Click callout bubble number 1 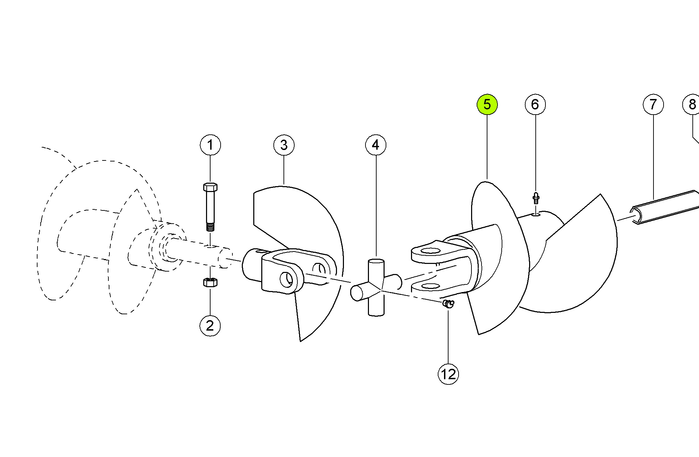click(210, 145)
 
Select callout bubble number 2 click(210, 326)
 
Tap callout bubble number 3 click(284, 145)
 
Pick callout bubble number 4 click(376, 145)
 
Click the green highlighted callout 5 click(487, 104)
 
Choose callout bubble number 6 click(535, 104)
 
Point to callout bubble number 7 click(653, 104)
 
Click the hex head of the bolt click(210, 187)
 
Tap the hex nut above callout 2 click(210, 282)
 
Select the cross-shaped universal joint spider click(376, 288)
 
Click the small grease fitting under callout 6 click(536, 199)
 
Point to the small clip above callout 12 click(448, 304)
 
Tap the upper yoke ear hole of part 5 click(430, 251)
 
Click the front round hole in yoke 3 click(286, 280)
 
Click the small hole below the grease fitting click(536, 215)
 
